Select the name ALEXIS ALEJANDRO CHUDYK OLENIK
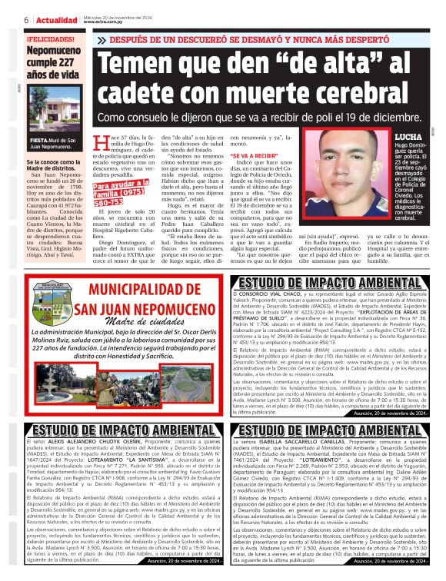tap(96, 443)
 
